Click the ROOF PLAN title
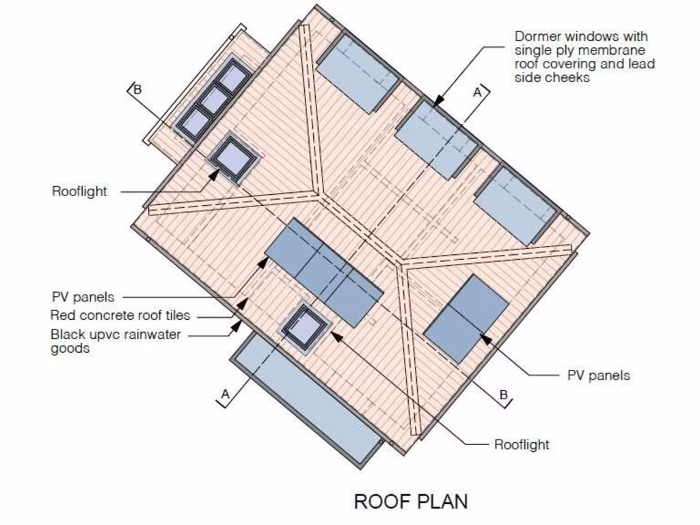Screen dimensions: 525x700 [411, 501]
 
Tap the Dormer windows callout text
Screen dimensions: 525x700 [584, 57]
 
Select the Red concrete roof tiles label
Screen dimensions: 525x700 [120, 316]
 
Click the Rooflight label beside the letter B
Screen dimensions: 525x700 [79, 191]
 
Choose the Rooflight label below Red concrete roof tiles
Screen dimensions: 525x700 [522, 444]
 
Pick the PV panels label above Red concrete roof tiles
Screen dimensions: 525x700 [83, 297]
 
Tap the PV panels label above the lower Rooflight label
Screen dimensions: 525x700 [599, 375]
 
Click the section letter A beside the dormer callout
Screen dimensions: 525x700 [478, 92]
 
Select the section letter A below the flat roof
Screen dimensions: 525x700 [225, 393]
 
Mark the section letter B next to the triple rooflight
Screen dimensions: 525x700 [137, 89]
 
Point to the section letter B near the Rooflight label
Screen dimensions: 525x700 [504, 394]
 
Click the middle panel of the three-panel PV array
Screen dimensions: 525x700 [324, 273]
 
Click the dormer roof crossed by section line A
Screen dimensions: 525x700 [435, 139]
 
